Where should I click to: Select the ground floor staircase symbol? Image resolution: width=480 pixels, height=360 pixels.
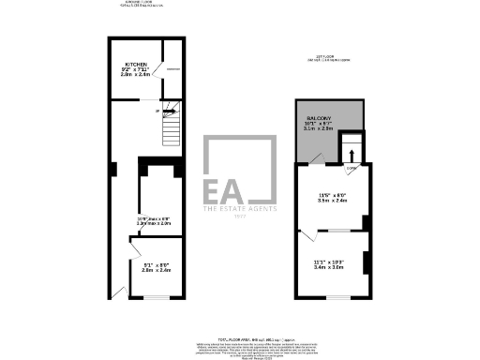[x=170, y=126]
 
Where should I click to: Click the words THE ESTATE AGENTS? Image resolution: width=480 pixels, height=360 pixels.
[x=240, y=210]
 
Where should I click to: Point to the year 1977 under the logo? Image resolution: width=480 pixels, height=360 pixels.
[x=240, y=217]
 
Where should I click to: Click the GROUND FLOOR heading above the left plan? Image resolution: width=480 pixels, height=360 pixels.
[x=141, y=3]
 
